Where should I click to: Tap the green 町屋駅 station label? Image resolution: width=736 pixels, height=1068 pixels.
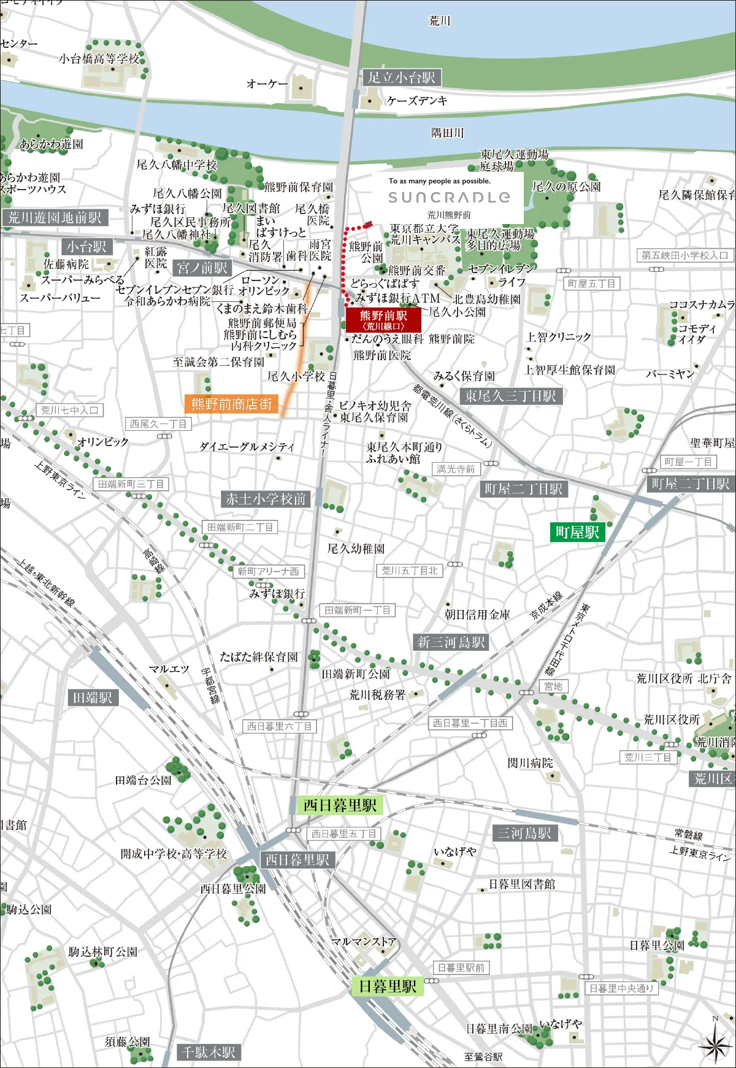pyautogui.click(x=577, y=532)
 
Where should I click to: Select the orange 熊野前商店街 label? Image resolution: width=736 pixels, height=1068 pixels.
pyautogui.click(x=231, y=404)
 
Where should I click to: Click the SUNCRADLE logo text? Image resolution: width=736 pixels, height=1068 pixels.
pyautogui.click(x=449, y=197)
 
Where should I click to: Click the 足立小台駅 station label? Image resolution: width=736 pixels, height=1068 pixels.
pyautogui.click(x=401, y=77)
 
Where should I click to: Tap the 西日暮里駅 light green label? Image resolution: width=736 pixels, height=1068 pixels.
pyautogui.click(x=340, y=805)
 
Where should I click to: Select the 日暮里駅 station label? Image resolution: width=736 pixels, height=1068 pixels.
pyautogui.click(x=387, y=986)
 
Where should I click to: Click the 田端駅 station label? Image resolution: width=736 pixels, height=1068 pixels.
pyautogui.click(x=93, y=697)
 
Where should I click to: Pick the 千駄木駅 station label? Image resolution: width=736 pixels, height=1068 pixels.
pyautogui.click(x=208, y=1052)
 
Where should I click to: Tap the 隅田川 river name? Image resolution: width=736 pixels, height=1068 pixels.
pyautogui.click(x=447, y=133)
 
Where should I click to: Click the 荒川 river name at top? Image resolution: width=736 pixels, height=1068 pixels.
pyautogui.click(x=439, y=21)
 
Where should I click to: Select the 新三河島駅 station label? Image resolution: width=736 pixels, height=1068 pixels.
pyautogui.click(x=451, y=642)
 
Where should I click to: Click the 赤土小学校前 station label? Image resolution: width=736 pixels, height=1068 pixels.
pyautogui.click(x=266, y=499)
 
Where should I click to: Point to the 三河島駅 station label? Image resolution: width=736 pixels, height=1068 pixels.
pyautogui.click(x=524, y=833)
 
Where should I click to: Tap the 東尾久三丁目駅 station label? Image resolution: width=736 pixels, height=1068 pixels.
pyautogui.click(x=510, y=396)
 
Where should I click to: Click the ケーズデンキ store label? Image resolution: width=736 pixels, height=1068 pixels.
pyautogui.click(x=417, y=101)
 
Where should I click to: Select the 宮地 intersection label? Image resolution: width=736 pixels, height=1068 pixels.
pyautogui.click(x=553, y=686)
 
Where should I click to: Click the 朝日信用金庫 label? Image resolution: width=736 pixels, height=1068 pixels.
pyautogui.click(x=477, y=614)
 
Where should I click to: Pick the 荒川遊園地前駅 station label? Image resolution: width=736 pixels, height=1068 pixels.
pyautogui.click(x=55, y=217)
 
